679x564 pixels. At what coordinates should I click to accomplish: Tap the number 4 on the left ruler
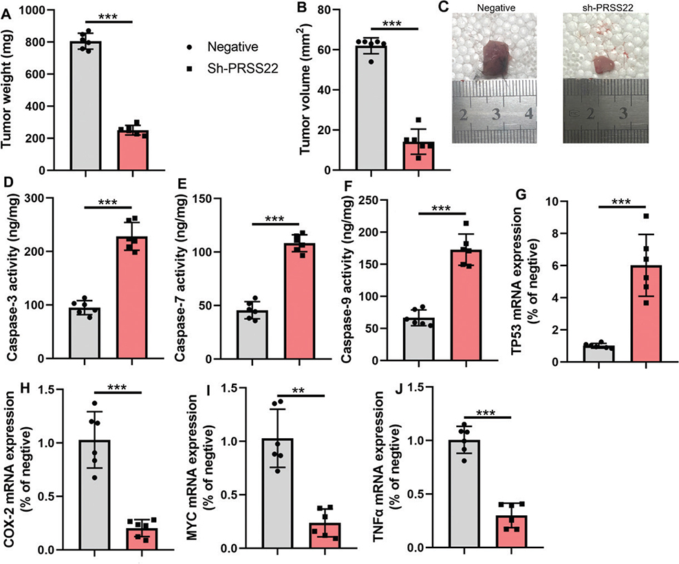[527, 113]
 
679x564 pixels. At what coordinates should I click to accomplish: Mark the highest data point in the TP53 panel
[645, 217]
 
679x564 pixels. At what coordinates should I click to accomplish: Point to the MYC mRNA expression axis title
[223, 468]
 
